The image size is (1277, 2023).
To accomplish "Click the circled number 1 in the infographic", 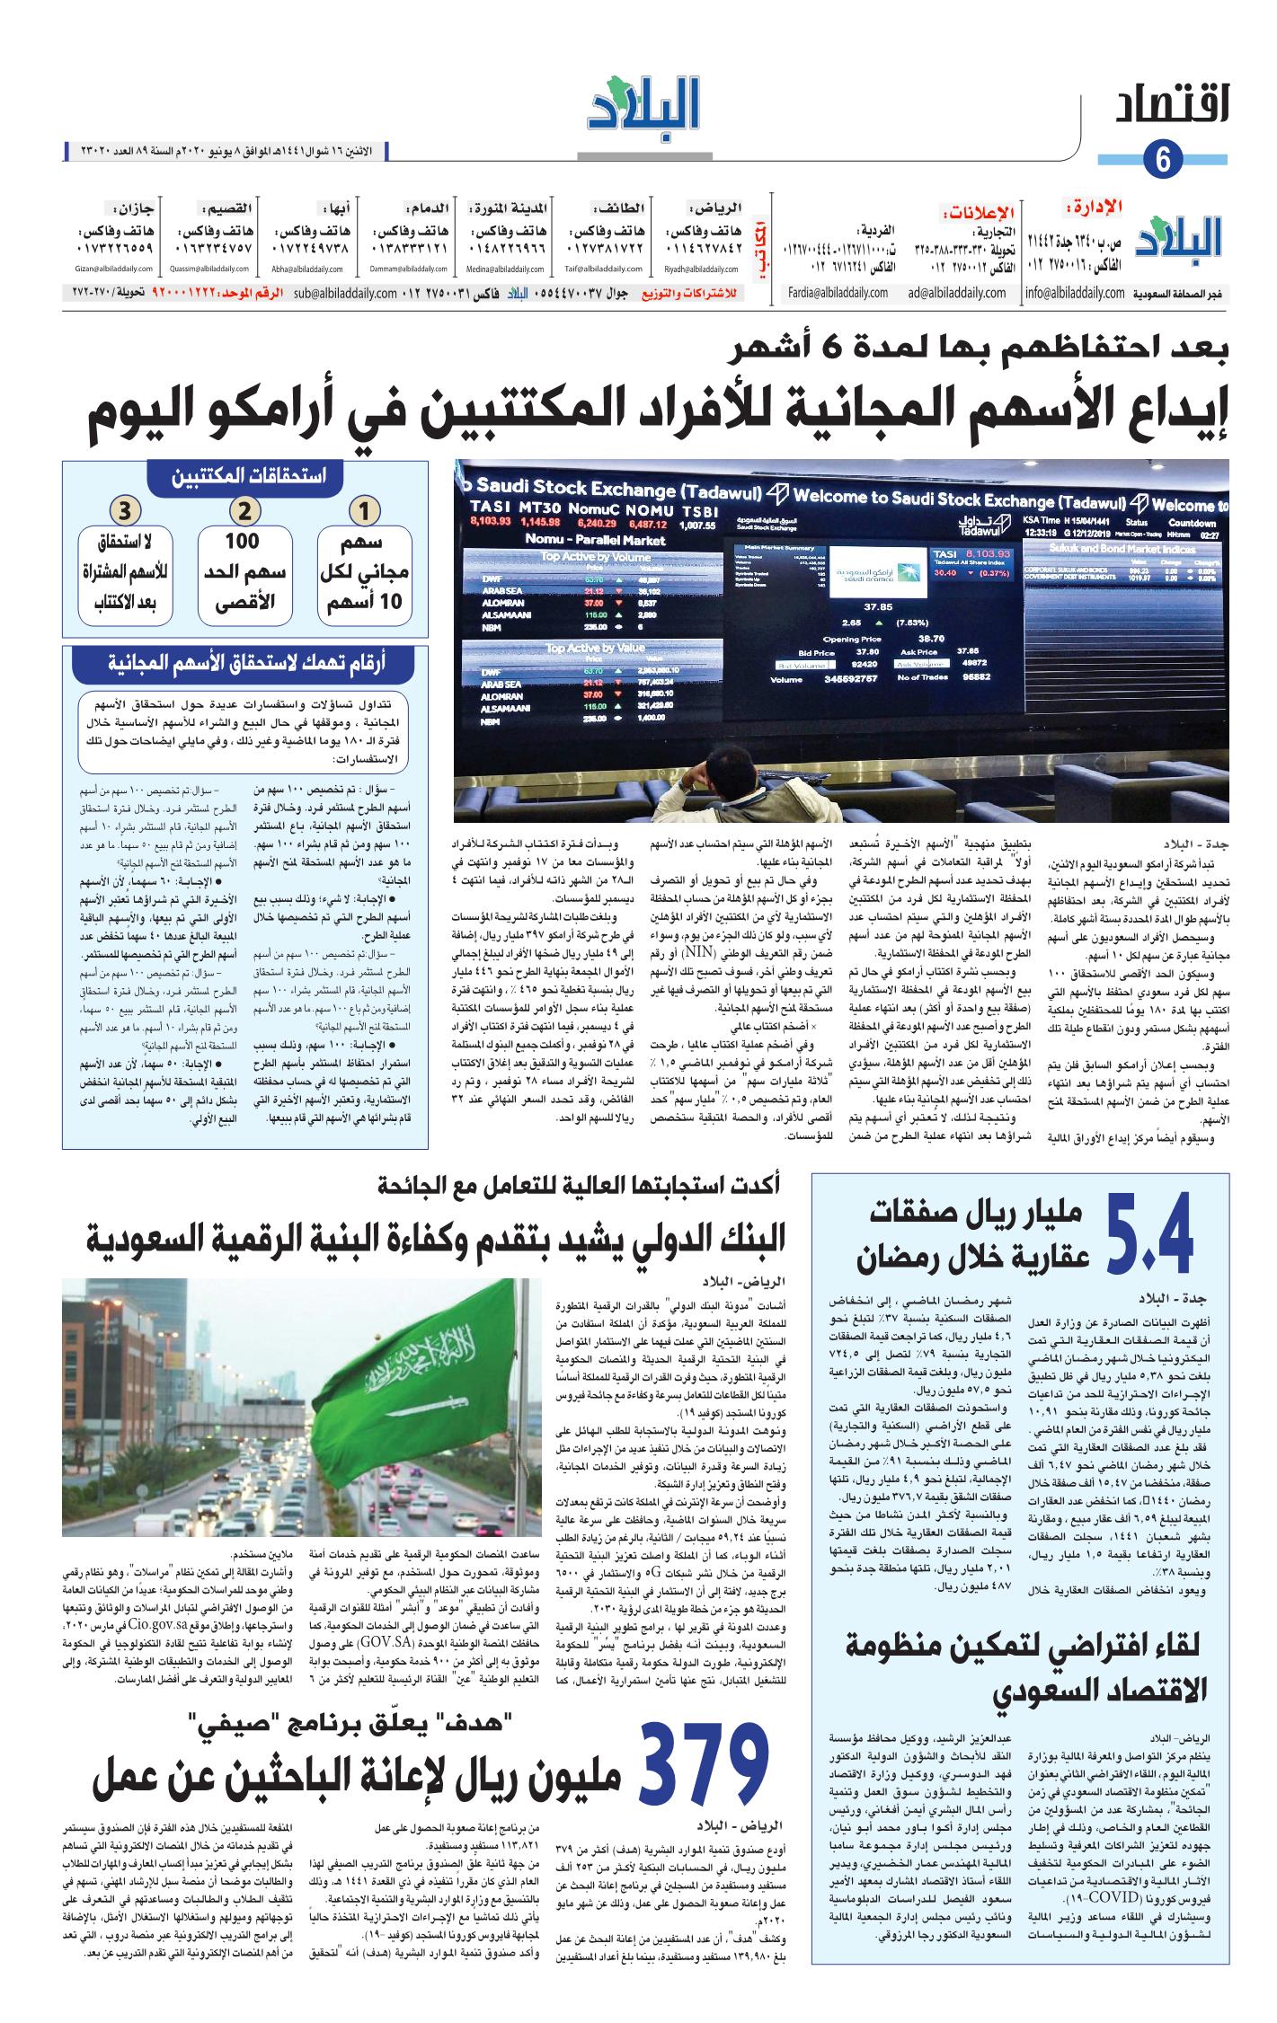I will [x=365, y=512].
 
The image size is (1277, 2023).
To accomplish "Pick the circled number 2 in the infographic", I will [x=244, y=512].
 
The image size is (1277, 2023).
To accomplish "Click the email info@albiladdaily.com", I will [x=1074, y=293].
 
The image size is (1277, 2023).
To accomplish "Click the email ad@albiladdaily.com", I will [x=957, y=293].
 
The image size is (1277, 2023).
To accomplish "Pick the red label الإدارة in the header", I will [x=1093, y=208].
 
